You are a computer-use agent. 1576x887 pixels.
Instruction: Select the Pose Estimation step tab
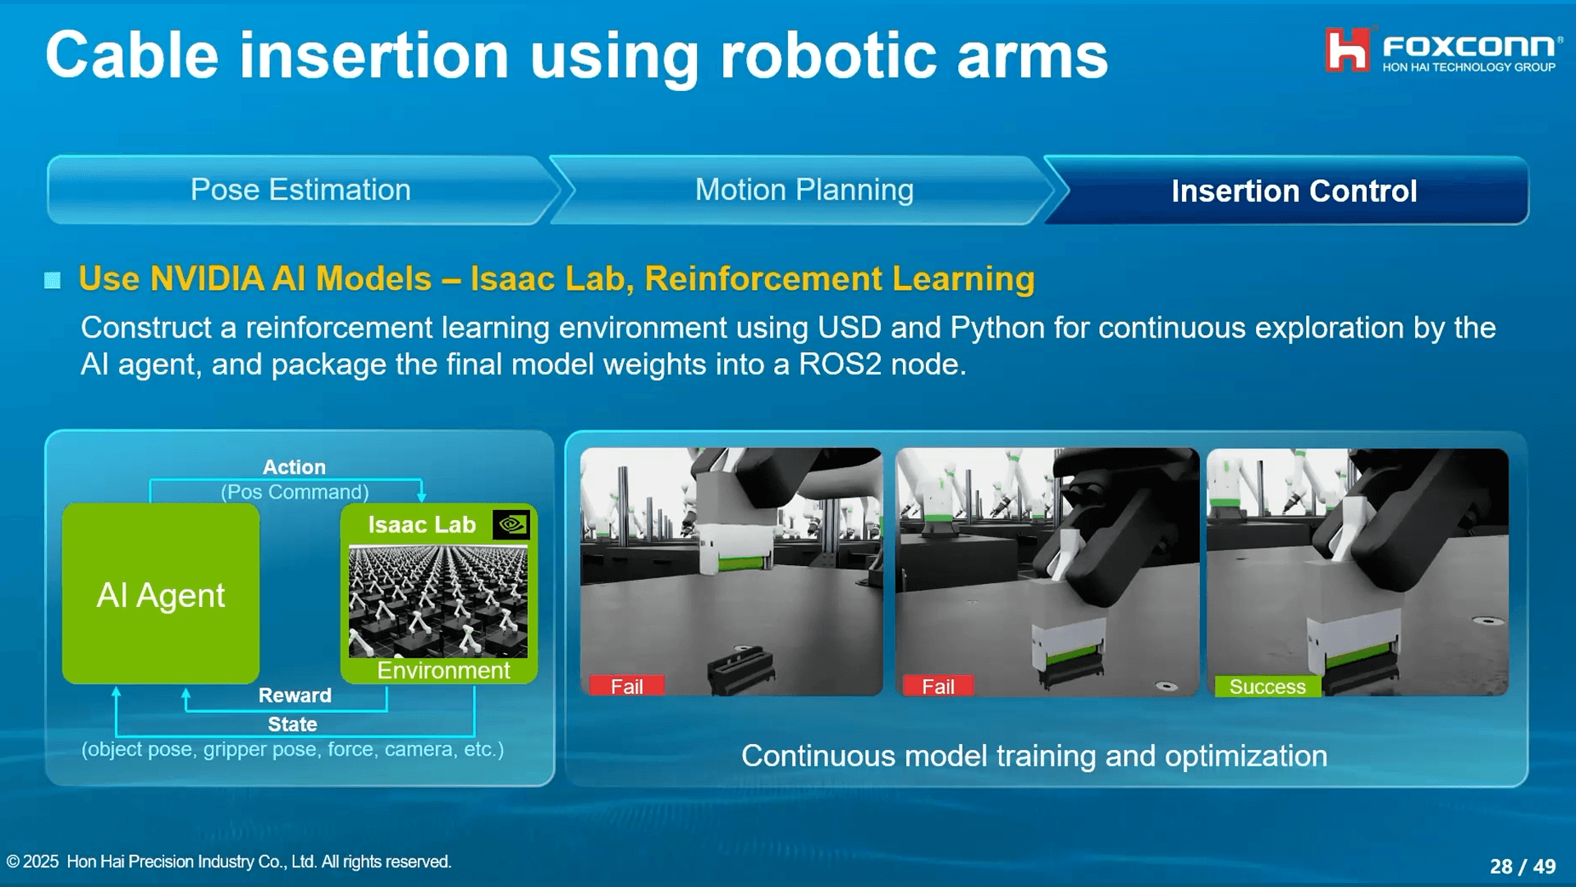pos(300,190)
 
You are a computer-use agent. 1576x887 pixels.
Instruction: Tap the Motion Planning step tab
pos(804,190)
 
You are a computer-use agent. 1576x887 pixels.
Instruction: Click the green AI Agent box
pos(161,594)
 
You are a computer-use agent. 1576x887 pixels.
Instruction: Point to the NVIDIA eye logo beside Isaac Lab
pos(511,524)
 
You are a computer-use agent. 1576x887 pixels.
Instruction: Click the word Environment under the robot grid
pos(443,670)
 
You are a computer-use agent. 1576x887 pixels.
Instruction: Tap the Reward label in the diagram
pos(295,696)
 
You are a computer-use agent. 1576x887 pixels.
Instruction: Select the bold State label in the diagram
pos(292,724)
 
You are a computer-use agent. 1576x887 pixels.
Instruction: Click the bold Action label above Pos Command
pos(294,467)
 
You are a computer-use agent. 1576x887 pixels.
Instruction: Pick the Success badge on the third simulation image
pos(1267,687)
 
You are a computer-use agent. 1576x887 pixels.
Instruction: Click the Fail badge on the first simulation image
pos(626,687)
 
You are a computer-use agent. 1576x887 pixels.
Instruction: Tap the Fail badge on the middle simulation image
pos(937,687)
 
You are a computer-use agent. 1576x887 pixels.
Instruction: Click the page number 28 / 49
pos(1523,866)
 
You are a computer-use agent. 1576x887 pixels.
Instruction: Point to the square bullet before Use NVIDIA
pos(53,281)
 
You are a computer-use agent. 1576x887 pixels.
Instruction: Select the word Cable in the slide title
pos(132,56)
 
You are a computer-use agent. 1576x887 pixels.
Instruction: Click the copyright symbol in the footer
pos(13,862)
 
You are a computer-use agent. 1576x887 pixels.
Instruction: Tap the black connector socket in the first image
pos(740,669)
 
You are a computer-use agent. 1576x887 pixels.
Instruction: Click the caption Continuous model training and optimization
pos(1034,756)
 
